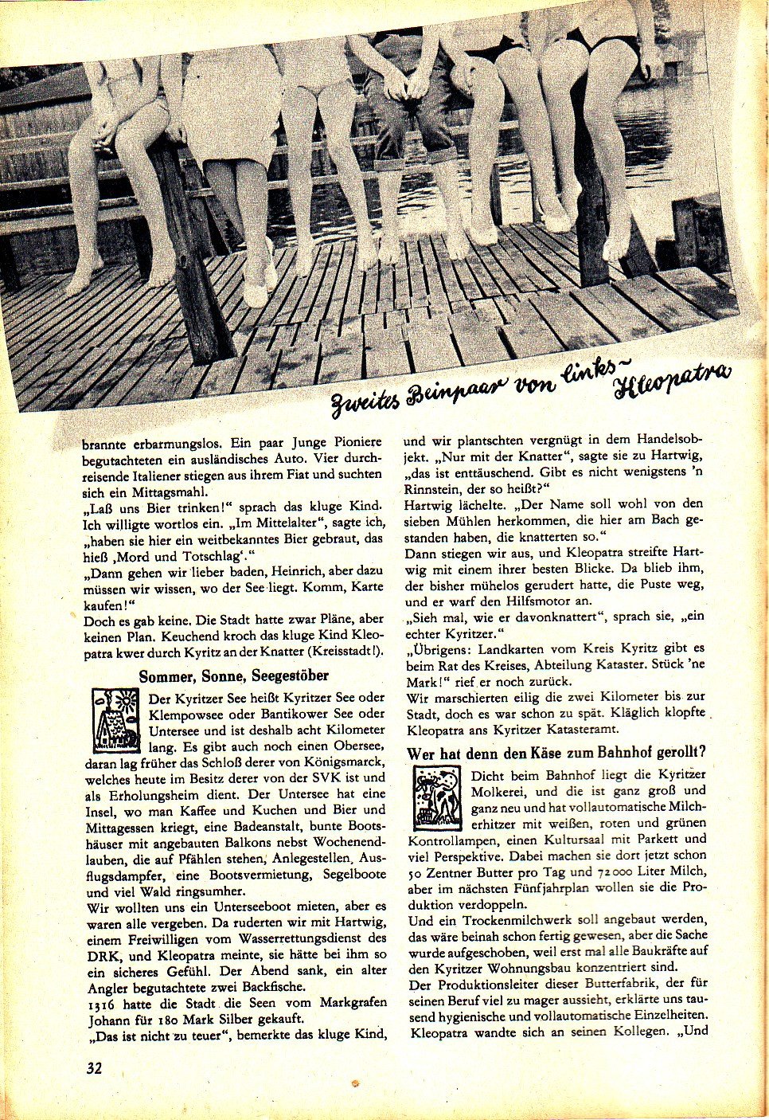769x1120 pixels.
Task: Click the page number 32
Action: point(95,1068)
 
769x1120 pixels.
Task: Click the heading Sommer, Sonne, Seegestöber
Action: point(233,676)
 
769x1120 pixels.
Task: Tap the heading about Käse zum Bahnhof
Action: point(557,753)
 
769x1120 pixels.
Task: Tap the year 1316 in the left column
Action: point(101,1002)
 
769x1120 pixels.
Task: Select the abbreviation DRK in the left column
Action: point(101,954)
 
